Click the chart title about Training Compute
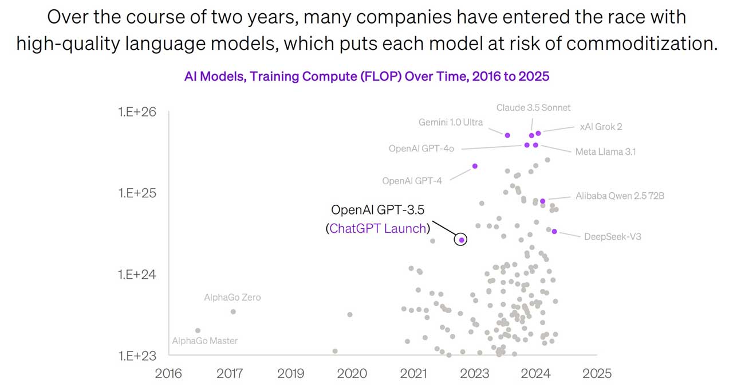[366, 76]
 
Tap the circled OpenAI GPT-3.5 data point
[461, 240]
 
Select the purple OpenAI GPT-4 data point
[475, 166]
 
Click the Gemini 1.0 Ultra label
[451, 122]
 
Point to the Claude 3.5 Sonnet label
[533, 107]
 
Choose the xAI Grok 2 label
[601, 127]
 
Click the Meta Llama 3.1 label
[605, 152]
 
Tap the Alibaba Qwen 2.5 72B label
[620, 196]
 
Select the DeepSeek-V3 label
[612, 236]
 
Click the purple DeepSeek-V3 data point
[554, 232]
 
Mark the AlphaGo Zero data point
[233, 311]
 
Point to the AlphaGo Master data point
[198, 330]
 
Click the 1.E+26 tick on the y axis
[137, 112]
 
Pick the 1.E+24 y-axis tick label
[137, 274]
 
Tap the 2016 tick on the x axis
[168, 373]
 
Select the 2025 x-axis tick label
[597, 373]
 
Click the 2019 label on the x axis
[291, 373]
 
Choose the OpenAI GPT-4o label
[421, 149]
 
